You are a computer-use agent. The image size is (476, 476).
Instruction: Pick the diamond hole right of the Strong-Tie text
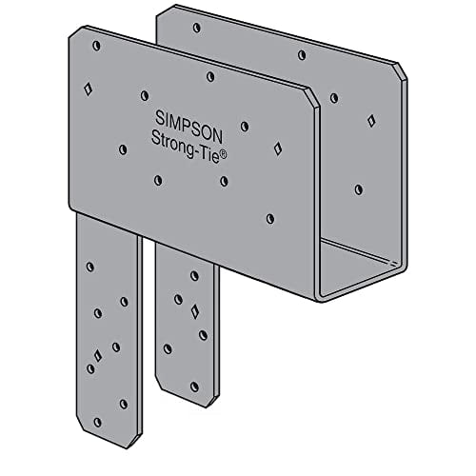pos(277,148)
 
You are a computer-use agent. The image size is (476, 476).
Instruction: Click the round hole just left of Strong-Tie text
pos(123,148)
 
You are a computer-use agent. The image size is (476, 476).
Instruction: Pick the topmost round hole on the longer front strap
pos(89,267)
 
